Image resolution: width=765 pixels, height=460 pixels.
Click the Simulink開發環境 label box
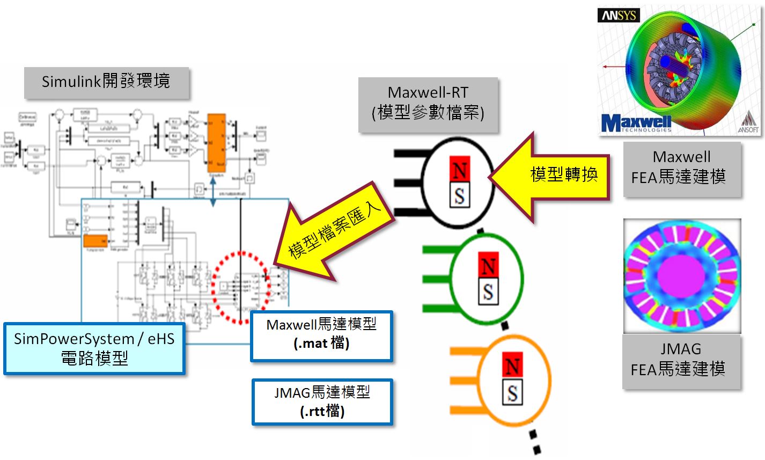[106, 82]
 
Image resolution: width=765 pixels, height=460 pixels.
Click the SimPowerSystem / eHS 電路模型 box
[94, 348]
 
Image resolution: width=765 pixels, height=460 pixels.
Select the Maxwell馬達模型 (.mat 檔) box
[321, 335]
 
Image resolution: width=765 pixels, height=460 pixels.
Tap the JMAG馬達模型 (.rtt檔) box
[322, 401]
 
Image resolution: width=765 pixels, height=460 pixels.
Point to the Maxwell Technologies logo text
[636, 123]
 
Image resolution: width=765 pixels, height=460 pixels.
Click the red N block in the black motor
[459, 171]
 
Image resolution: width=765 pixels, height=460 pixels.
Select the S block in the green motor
[488, 292]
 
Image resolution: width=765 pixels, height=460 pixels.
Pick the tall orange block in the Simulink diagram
[216, 143]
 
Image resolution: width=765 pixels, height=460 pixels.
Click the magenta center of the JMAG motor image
[682, 275]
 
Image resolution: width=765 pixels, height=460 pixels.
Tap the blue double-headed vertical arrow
[213, 191]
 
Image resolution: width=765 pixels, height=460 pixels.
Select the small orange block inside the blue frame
[95, 242]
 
